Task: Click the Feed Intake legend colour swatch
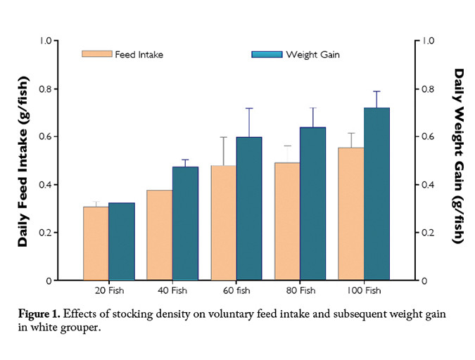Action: [x=96, y=54]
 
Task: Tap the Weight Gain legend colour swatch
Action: [x=266, y=54]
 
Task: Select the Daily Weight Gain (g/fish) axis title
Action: [x=458, y=156]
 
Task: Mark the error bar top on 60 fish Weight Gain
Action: [x=249, y=108]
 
